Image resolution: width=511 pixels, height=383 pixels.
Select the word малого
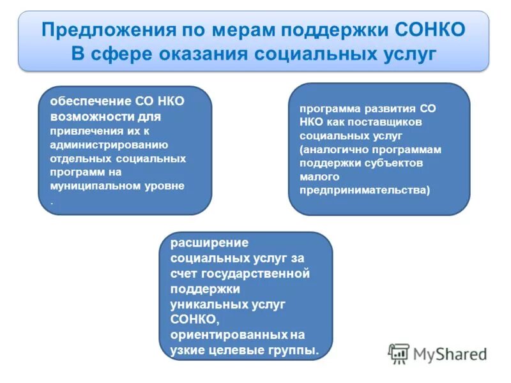[x=315, y=176]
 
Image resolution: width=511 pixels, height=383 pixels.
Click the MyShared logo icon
[x=399, y=353]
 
